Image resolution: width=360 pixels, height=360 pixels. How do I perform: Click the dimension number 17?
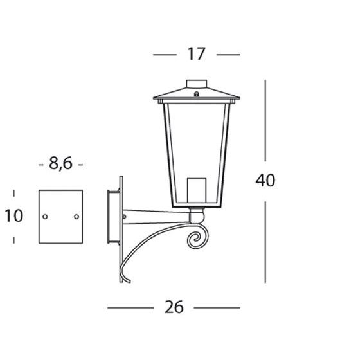196,54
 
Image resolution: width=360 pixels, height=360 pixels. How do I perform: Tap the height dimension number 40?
265,181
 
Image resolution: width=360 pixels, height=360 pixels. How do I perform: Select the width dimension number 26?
174,307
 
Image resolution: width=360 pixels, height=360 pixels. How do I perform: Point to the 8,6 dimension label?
60,163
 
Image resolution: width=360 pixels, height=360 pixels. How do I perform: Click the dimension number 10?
14,215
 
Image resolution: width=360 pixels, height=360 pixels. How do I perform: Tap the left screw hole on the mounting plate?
45,217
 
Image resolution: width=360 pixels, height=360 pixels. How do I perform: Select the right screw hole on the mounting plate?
76,217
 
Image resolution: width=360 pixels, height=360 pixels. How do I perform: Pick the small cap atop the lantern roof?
197,84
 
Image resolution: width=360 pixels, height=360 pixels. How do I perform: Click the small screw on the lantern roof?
197,94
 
